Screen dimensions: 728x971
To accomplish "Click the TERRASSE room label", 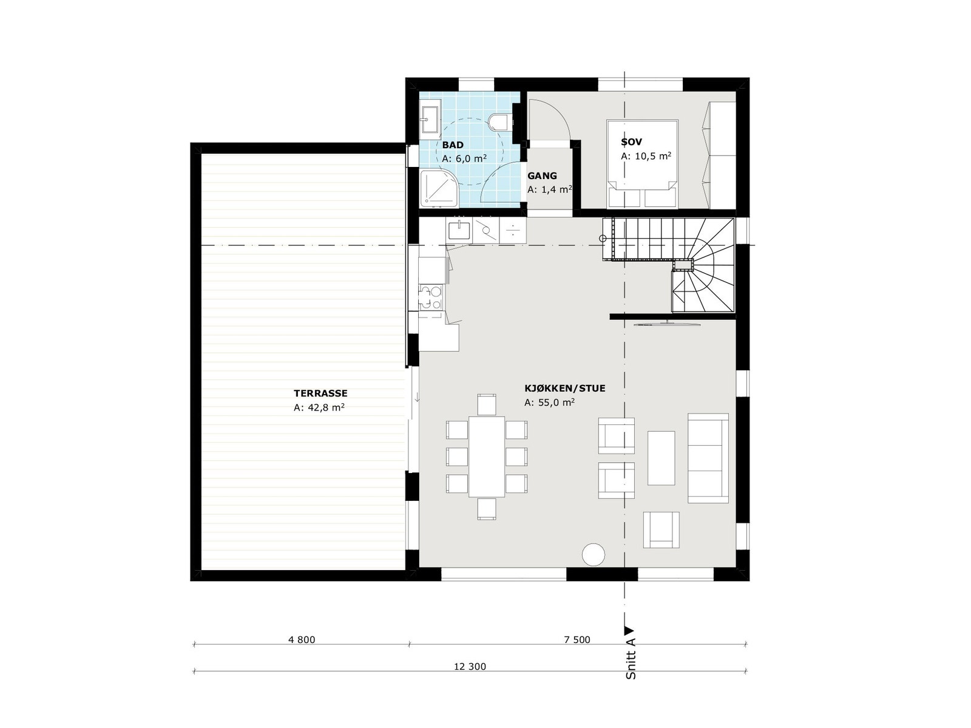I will (320, 393).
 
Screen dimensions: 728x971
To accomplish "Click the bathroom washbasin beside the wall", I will (430, 119).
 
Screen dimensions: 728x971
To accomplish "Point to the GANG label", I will (542, 176).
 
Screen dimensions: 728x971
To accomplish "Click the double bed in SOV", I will (642, 163).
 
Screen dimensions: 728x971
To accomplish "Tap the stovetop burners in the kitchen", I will (430, 298).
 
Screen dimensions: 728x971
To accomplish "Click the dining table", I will (487, 456).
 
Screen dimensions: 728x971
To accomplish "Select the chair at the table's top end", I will (487, 404).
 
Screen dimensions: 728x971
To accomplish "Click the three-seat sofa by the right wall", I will (708, 458).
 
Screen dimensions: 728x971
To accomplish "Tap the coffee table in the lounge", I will (661, 458).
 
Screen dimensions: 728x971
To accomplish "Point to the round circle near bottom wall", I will (593, 554).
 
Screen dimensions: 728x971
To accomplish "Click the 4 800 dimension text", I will (302, 639).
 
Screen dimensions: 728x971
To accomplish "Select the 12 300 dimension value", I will (470, 666).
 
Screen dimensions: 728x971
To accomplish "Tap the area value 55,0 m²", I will (549, 402).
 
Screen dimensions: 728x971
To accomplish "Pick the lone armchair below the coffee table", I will (661, 529).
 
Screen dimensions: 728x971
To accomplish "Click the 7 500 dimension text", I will (577, 639).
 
